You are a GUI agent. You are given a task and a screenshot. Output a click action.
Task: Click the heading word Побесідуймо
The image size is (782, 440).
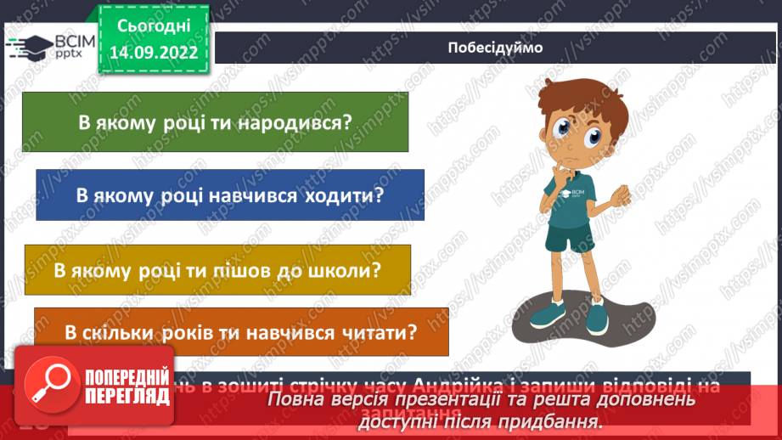tap(495, 48)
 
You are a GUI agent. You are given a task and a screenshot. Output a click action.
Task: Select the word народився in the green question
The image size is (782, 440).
tap(301, 122)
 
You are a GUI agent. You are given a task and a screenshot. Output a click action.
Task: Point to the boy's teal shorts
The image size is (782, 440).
tap(570, 239)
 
